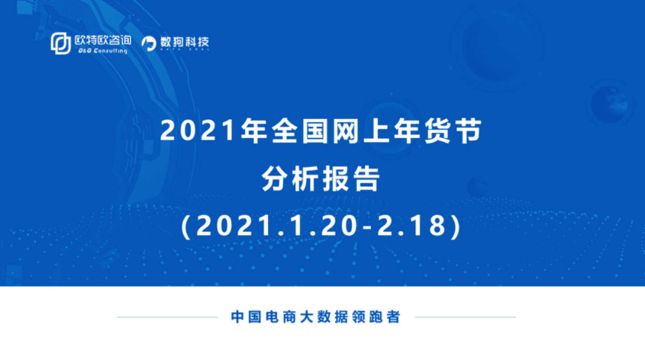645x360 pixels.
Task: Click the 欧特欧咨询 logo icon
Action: (61, 43)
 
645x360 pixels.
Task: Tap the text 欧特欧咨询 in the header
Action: (103, 40)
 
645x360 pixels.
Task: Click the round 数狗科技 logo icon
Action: (148, 43)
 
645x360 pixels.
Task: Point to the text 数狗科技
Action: (184, 43)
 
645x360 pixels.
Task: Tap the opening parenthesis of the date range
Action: (186, 226)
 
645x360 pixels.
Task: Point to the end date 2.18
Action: (412, 226)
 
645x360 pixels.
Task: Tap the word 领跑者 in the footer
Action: (378, 317)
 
